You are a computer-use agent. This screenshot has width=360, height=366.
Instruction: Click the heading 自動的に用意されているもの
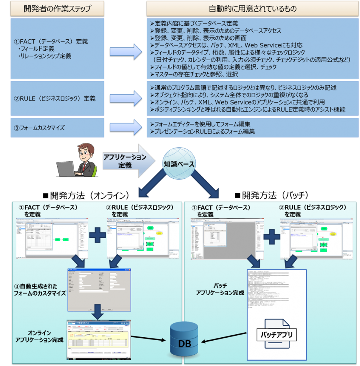click(253, 9)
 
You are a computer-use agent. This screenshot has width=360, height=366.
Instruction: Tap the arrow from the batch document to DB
click(224, 338)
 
